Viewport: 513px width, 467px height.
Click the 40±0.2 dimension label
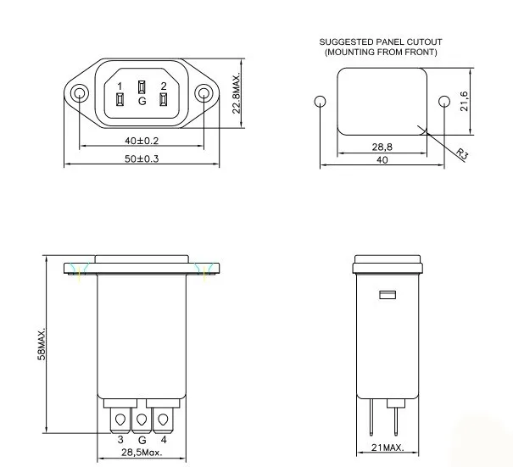click(142, 141)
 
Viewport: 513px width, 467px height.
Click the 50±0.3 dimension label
click(142, 158)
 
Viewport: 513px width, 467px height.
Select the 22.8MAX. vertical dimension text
click(238, 92)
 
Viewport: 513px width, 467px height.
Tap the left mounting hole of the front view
click(79, 93)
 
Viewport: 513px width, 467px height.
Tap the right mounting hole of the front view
click(205, 93)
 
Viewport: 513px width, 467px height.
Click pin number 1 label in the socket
click(120, 86)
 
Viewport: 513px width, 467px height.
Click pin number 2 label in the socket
click(164, 86)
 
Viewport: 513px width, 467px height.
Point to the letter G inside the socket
click(142, 102)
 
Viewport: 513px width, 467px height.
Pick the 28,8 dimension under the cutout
click(382, 147)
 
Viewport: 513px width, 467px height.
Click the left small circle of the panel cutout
click(320, 103)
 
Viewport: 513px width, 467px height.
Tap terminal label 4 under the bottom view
click(164, 441)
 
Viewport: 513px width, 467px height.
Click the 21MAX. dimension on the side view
click(387, 448)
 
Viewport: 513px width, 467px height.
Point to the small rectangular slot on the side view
click(387, 296)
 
